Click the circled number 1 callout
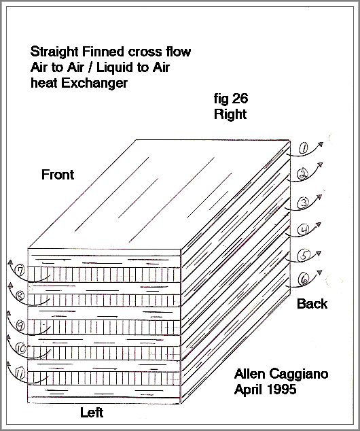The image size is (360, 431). click(x=303, y=149)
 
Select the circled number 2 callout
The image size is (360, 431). click(x=302, y=174)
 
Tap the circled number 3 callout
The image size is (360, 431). click(x=304, y=203)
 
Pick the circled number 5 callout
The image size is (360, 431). click(x=304, y=256)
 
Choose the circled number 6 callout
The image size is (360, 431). click(x=304, y=279)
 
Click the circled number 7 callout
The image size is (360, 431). click(x=20, y=271)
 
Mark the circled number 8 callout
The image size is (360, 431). click(x=20, y=296)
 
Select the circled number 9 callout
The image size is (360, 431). click(x=20, y=326)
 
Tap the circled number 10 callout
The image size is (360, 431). click(x=20, y=349)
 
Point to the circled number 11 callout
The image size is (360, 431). click(x=20, y=374)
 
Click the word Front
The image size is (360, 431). click(x=58, y=175)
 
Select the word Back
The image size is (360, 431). click(x=312, y=304)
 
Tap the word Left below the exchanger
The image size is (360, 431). click(x=92, y=413)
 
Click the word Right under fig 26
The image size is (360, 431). click(x=230, y=114)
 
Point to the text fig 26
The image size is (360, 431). click(x=231, y=99)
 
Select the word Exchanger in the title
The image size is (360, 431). click(x=94, y=83)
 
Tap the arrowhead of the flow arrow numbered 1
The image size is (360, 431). click(x=321, y=144)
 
